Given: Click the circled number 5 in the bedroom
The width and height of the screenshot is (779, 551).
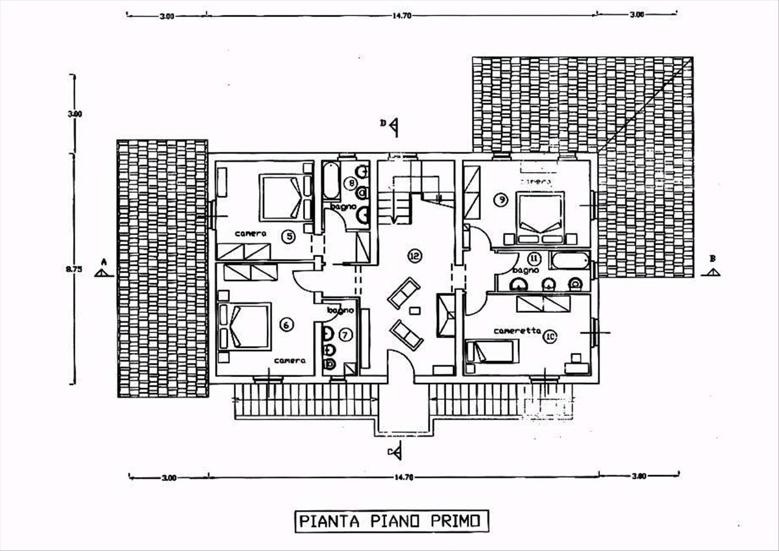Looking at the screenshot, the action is click(289, 237).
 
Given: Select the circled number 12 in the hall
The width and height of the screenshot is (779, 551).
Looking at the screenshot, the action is click(414, 255).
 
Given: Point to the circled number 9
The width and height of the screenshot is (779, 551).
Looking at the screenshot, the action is click(500, 200).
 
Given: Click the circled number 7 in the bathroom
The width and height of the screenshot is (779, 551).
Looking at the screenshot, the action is click(345, 335).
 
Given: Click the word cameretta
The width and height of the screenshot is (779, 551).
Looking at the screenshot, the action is click(517, 331).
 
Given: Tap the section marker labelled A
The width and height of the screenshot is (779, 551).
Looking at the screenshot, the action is click(103, 269).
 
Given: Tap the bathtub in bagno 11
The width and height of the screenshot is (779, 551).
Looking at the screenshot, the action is click(569, 262).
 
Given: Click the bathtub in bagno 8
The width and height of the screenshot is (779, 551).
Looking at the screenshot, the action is click(331, 180).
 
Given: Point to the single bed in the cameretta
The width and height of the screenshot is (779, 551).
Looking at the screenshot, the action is click(492, 351).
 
